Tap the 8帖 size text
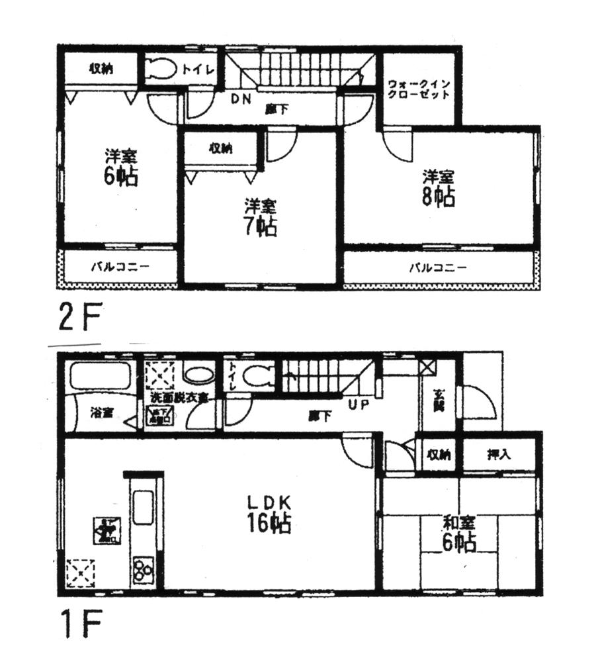tap(439, 197)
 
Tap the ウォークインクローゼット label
tap(419, 90)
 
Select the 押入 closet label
tap(498, 455)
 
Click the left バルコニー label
tap(120, 267)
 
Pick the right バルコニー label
tap(437, 267)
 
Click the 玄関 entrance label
tap(439, 401)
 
